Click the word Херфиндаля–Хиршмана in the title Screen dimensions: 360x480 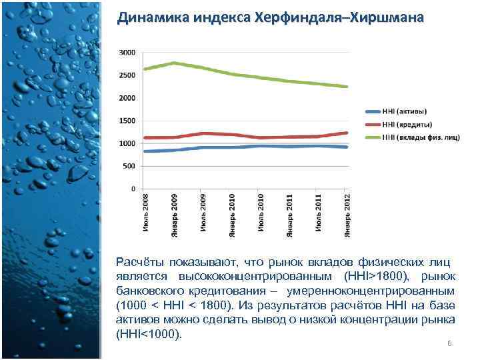click(339, 17)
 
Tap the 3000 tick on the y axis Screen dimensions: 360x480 click(127, 52)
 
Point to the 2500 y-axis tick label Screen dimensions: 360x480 click(127, 75)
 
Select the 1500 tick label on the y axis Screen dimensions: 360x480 click(127, 121)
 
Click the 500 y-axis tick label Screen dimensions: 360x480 click(129, 166)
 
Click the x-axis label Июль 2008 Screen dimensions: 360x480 click(146, 213)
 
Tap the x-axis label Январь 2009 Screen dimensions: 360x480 click(175, 215)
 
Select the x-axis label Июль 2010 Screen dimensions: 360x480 click(261, 213)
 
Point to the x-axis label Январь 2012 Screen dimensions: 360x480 click(347, 215)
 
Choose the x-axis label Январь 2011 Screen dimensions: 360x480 click(289, 215)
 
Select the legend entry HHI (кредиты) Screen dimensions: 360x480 click(407, 124)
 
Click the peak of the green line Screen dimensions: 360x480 click(174, 63)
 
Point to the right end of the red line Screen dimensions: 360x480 click(347, 133)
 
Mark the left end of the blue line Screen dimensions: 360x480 click(145, 151)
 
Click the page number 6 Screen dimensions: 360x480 click(449, 343)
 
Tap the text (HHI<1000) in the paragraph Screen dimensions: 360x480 click(148, 333)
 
